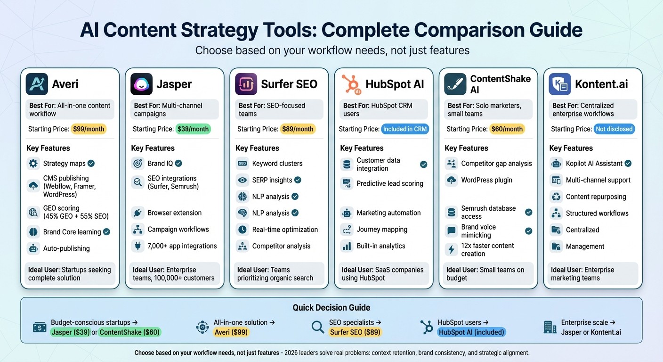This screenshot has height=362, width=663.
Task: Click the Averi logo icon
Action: pyautogui.click(x=37, y=84)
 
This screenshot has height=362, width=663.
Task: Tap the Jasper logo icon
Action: pyautogui.click(x=141, y=84)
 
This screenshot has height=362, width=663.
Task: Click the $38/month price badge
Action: pyautogui.click(x=193, y=129)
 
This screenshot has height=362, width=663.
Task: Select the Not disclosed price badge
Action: pyautogui.click(x=614, y=129)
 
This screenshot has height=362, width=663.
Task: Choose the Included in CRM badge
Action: pyautogui.click(x=405, y=129)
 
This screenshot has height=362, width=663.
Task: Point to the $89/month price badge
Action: pyautogui.click(x=298, y=129)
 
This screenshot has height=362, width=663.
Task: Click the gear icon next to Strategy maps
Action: pyautogui.click(x=33, y=164)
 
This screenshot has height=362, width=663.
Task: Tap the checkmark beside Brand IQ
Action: pyautogui.click(x=178, y=164)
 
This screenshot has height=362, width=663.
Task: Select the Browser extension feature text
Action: pyautogui.click(x=174, y=213)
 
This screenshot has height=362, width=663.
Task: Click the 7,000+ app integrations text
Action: pyautogui.click(x=182, y=246)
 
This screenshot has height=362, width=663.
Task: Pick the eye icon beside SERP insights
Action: pyautogui.click(x=243, y=180)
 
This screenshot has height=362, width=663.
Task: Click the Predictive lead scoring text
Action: pyautogui.click(x=390, y=184)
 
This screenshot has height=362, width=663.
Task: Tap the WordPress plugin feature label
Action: pyautogui.click(x=486, y=180)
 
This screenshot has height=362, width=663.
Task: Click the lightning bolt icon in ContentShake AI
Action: pyautogui.click(x=452, y=250)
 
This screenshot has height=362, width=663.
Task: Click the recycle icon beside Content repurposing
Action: pyautogui.click(x=556, y=197)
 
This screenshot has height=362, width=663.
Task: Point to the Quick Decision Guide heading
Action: pyautogui.click(x=331, y=308)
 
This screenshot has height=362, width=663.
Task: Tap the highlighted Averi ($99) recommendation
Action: pyautogui.click(x=231, y=332)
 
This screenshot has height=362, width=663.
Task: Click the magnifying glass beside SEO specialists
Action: pyautogui.click(x=318, y=327)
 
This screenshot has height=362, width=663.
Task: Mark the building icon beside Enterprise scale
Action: pyautogui.click(x=550, y=327)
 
